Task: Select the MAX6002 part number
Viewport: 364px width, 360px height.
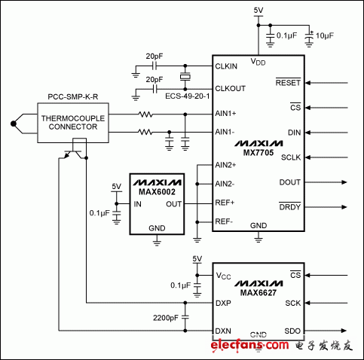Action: click(156, 192)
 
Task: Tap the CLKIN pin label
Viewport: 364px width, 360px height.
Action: click(227, 66)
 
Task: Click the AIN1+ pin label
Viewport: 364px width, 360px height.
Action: click(226, 114)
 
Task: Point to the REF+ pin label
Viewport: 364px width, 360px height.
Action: click(225, 203)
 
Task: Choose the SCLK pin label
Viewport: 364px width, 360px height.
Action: click(290, 157)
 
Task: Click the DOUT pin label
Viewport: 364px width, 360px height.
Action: click(289, 182)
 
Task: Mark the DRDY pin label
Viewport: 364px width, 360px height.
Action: click(289, 206)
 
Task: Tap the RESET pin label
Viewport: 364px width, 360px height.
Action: click(288, 82)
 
